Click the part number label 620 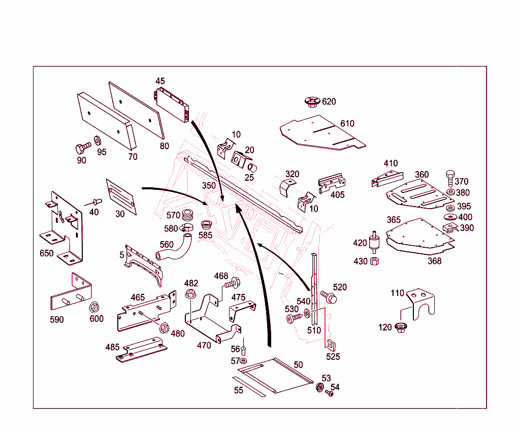(329, 102)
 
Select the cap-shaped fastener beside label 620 (311, 102)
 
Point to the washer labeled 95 (97, 140)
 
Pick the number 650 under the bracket (46, 253)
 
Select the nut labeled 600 (94, 308)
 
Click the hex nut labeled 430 (374, 261)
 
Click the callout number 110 (397, 293)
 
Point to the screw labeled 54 (330, 393)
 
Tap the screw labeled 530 (294, 318)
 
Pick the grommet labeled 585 (206, 224)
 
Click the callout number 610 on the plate (347, 123)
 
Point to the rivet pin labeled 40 (96, 202)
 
